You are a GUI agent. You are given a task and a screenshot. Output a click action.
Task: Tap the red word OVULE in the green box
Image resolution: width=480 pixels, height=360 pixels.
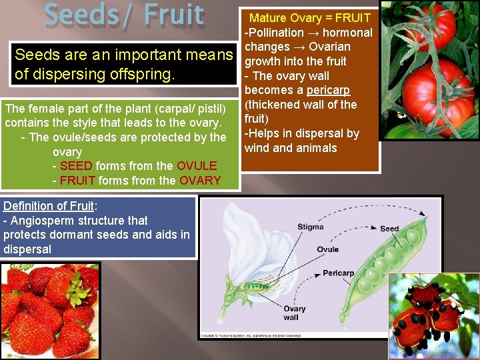[197, 166]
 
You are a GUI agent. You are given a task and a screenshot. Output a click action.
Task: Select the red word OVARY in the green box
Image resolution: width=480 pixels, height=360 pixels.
[199, 181]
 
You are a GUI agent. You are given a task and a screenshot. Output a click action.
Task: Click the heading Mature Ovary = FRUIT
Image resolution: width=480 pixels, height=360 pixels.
[309, 17]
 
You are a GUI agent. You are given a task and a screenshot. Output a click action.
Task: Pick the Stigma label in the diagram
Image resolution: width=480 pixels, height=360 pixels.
[310, 227]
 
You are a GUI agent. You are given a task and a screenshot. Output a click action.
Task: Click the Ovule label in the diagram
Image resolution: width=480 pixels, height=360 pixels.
[327, 249]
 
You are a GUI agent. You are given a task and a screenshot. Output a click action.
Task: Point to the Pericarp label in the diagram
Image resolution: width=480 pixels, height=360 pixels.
[338, 273]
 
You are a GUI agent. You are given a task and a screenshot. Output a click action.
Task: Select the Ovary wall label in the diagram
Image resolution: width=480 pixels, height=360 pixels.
[294, 312]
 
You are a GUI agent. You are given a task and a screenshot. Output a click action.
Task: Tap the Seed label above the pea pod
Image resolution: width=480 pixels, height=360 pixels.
[389, 229]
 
